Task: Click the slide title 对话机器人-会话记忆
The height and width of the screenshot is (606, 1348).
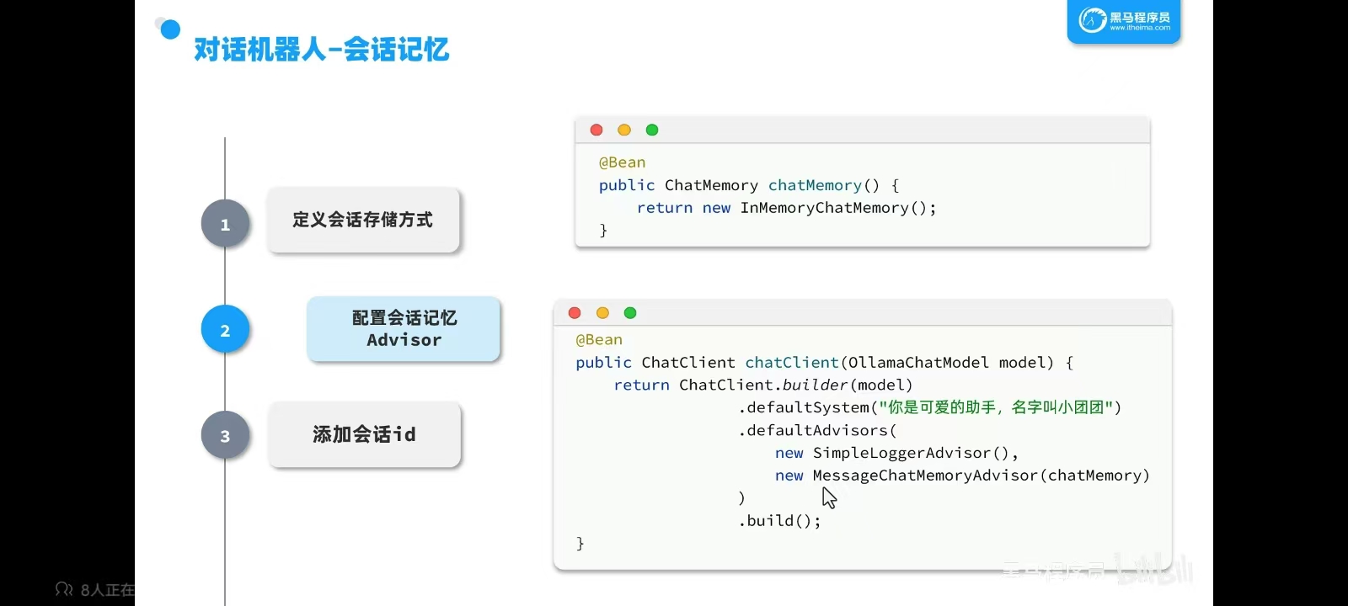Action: click(321, 50)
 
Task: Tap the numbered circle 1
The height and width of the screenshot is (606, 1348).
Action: click(225, 224)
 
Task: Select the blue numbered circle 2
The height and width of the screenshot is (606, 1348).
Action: click(225, 330)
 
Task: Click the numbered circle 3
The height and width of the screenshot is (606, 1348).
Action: click(225, 436)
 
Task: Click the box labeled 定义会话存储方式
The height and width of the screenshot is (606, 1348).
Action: click(363, 220)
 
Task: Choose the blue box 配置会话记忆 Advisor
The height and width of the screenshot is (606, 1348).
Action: click(404, 329)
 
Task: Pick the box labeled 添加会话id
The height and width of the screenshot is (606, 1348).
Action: click(364, 434)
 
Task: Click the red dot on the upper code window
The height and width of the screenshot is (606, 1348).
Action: click(596, 130)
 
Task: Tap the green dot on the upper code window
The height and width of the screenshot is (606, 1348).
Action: click(652, 130)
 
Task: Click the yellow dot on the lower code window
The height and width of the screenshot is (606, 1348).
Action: click(602, 313)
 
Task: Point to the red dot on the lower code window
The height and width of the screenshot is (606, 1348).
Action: click(575, 313)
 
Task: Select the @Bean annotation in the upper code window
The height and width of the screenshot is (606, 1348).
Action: click(622, 162)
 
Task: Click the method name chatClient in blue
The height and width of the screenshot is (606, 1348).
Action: click(791, 363)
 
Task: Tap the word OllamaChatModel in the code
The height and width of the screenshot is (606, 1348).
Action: click(917, 363)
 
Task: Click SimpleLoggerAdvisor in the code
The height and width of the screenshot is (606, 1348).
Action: click(901, 453)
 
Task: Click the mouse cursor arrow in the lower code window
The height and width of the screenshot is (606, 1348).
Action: click(829, 497)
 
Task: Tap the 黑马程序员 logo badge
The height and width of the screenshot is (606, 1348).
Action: click(1124, 21)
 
